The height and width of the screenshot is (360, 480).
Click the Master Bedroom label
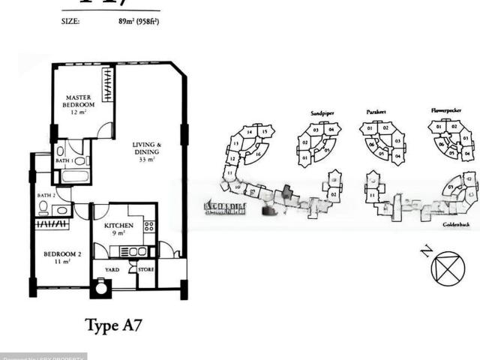pyautogui.click(x=78, y=101)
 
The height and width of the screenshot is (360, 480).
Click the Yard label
pyautogui.click(x=111, y=269)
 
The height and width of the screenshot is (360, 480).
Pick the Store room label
pyautogui.click(x=146, y=269)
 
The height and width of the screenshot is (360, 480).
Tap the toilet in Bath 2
pyautogui.click(x=43, y=206)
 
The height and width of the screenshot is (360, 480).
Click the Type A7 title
pyautogui.click(x=113, y=325)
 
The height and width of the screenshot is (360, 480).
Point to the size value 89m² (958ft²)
pyautogui.click(x=133, y=22)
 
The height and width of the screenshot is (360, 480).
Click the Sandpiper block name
pyautogui.click(x=322, y=113)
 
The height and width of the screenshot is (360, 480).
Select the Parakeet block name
pyautogui.click(x=376, y=112)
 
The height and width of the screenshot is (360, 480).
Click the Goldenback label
pyautogui.click(x=455, y=224)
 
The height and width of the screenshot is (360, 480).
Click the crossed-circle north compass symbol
pyautogui.click(x=449, y=268)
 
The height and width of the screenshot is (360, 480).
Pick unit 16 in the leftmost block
pyautogui.click(x=258, y=154)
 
